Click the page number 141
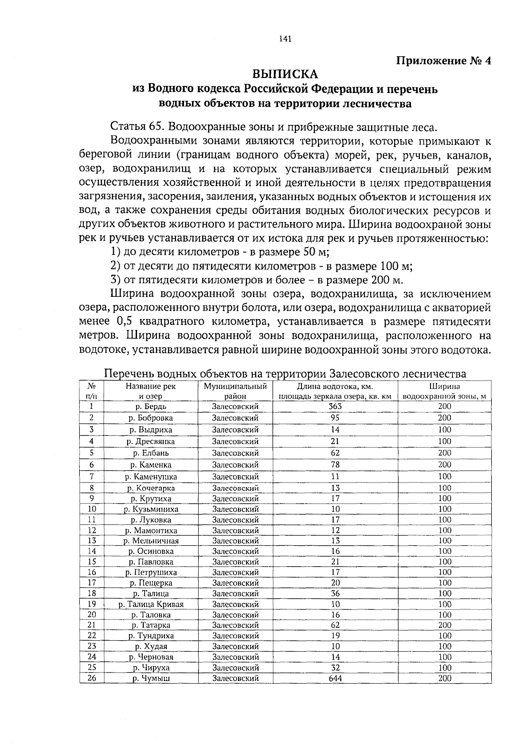(285, 39)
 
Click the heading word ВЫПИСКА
(285, 74)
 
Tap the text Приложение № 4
(443, 61)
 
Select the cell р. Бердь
(151, 406)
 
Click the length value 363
(335, 406)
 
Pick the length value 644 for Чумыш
(335, 678)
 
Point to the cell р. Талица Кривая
(151, 604)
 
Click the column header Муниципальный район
(235, 391)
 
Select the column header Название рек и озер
(151, 391)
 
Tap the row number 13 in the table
(92, 541)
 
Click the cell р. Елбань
(151, 453)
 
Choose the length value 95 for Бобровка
(335, 418)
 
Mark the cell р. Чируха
(151, 668)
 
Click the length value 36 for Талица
(335, 594)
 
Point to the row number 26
(92, 678)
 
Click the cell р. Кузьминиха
(151, 509)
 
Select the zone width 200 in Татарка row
(445, 625)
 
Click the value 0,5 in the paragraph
(118, 322)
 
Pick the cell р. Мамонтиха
(151, 530)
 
